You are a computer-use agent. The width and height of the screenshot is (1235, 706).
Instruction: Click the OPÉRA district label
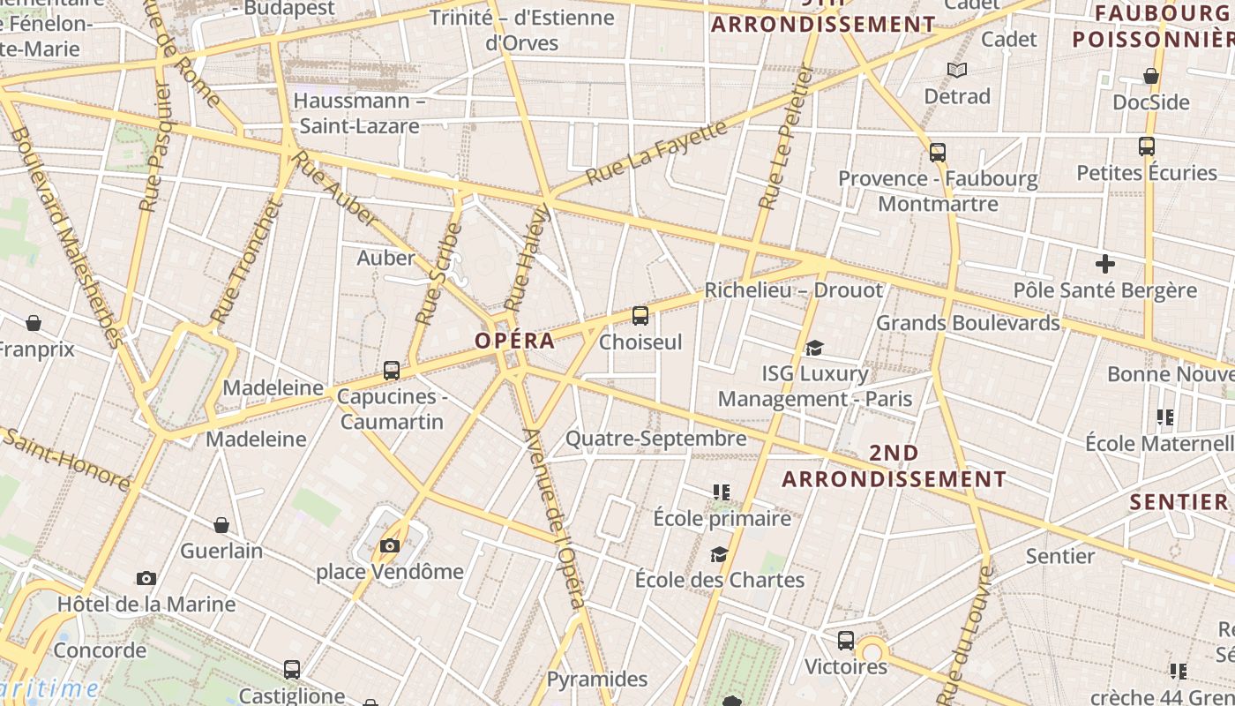coord(515,341)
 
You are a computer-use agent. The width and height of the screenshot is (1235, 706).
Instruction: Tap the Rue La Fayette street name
coord(656,153)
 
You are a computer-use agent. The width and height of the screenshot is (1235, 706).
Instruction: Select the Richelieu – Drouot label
coord(793,290)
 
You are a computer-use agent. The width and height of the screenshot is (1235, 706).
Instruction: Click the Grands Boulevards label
coord(968,323)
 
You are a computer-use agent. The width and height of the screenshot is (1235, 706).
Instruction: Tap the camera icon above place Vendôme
coord(389,546)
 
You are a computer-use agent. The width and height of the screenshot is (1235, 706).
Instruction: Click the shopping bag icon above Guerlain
coord(221,525)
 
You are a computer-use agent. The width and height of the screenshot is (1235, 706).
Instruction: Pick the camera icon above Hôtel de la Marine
coord(146,579)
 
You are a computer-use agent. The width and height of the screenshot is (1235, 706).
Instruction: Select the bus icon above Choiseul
coord(640,316)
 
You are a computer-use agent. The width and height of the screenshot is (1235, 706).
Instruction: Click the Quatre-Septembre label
coord(655,439)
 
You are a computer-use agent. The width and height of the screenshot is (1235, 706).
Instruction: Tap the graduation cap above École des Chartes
coord(720,554)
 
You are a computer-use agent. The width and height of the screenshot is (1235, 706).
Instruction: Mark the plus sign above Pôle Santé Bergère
coord(1104,264)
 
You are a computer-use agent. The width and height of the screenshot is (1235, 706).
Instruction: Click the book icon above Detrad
coord(957,70)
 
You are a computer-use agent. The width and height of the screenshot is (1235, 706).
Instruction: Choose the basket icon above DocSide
coord(1150,77)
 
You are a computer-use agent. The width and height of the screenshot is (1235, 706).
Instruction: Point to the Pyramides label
coord(597,680)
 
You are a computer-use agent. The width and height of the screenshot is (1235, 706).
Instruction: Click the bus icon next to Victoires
coord(845,641)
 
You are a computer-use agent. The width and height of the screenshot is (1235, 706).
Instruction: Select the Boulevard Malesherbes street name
coord(67,238)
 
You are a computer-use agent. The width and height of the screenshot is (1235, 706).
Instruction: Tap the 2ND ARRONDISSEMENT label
coord(894,466)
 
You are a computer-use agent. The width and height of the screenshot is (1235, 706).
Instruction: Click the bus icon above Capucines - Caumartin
coord(392,371)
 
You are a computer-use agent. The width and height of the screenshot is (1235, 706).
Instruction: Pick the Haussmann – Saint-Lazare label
coord(360,113)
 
